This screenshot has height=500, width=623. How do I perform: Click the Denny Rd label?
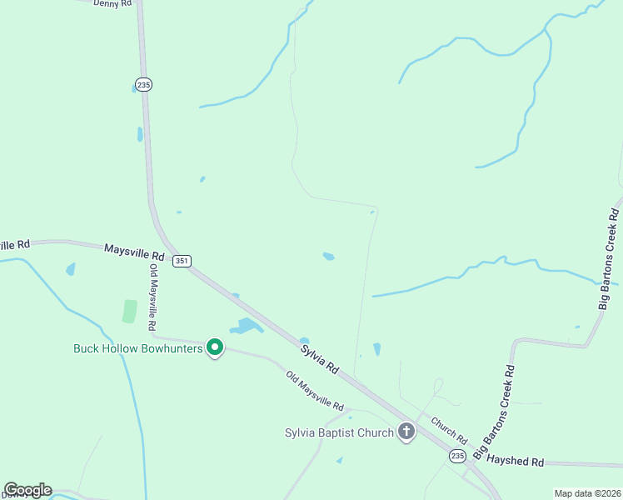(112, 3)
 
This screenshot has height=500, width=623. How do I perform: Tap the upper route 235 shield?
(143, 84)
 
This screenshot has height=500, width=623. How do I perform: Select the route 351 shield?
(182, 261)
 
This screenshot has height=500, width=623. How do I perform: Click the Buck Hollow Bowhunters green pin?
(215, 347)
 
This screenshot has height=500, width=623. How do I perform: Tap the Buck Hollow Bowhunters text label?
(138, 348)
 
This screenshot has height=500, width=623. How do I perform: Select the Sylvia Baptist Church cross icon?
(406, 432)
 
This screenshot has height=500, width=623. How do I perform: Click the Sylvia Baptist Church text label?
(339, 432)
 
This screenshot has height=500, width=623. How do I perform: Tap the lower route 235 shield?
(457, 456)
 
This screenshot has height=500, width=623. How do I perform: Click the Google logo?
(27, 490)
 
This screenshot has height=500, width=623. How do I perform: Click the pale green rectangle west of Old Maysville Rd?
(129, 311)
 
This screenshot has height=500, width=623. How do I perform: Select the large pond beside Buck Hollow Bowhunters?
(247, 326)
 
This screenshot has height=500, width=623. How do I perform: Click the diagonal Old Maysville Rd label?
(315, 391)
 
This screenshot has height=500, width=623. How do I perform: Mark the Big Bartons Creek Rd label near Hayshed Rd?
(496, 411)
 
